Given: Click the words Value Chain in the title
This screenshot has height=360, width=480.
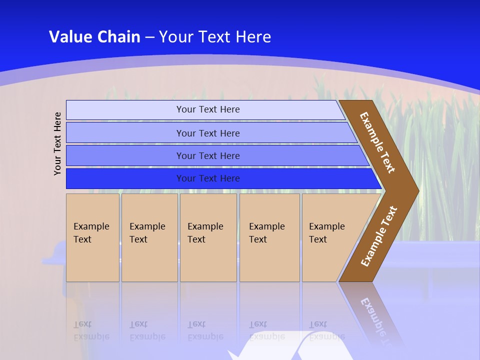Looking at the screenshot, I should pyautogui.click(x=94, y=37).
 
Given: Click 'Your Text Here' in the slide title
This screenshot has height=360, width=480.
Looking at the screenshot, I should pyautogui.click(x=215, y=37).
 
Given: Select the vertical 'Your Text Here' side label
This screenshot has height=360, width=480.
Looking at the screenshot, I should pyautogui.click(x=57, y=143).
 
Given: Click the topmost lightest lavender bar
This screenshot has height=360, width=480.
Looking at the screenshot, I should pyautogui.click(x=207, y=109).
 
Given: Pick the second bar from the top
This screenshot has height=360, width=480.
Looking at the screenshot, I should pyautogui.click(x=207, y=133).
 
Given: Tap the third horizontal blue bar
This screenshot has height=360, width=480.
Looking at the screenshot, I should pyautogui.click(x=207, y=155).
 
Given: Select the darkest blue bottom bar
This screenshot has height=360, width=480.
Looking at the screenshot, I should pyautogui.click(x=207, y=178).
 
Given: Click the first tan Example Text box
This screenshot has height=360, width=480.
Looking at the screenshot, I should pyautogui.click(x=92, y=237).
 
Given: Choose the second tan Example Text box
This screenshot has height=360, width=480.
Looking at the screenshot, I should pyautogui.click(x=149, y=237).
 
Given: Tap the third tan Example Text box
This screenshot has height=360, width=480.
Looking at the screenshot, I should pyautogui.click(x=208, y=237).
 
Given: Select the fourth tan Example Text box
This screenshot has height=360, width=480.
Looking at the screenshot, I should pyautogui.click(x=269, y=237).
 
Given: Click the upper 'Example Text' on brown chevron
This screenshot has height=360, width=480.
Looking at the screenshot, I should pyautogui.click(x=377, y=142).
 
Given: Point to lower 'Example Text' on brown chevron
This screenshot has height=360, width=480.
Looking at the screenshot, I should pyautogui.click(x=379, y=236).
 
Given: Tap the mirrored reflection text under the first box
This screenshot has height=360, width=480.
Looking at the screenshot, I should pyautogui.click(x=91, y=330).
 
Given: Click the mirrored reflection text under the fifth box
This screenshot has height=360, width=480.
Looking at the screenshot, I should pyautogui.click(x=327, y=330).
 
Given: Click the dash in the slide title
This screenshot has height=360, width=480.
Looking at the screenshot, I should pyautogui.click(x=149, y=37).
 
